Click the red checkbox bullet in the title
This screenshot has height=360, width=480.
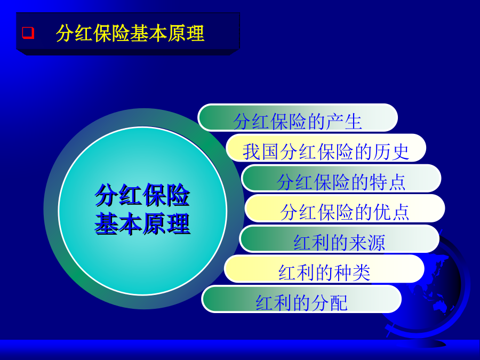pyautogui.click(x=28, y=33)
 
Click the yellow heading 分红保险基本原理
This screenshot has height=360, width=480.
pyautogui.click(x=130, y=33)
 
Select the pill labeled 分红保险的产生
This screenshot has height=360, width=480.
pyautogui.click(x=298, y=118)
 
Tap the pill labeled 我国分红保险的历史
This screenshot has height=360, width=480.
pyautogui.click(x=326, y=148)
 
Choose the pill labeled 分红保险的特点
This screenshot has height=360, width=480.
pyautogui.click(x=341, y=179)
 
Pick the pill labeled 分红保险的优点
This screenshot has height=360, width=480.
pyautogui.click(x=345, y=208)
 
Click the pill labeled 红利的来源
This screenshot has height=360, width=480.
pyautogui.click(x=339, y=239)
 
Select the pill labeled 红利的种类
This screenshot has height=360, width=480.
pyautogui.click(x=324, y=269)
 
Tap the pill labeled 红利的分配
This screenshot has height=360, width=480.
pyautogui.click(x=301, y=299)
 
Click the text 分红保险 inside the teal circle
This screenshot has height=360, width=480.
pyautogui.click(x=142, y=195)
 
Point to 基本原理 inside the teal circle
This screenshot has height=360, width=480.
pyautogui.click(x=142, y=224)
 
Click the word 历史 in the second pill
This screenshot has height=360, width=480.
pyautogui.click(x=391, y=151)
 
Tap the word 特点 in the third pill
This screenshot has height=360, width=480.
pyautogui.click(x=388, y=182)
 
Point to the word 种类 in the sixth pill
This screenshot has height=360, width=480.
pyautogui.click(x=352, y=273)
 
